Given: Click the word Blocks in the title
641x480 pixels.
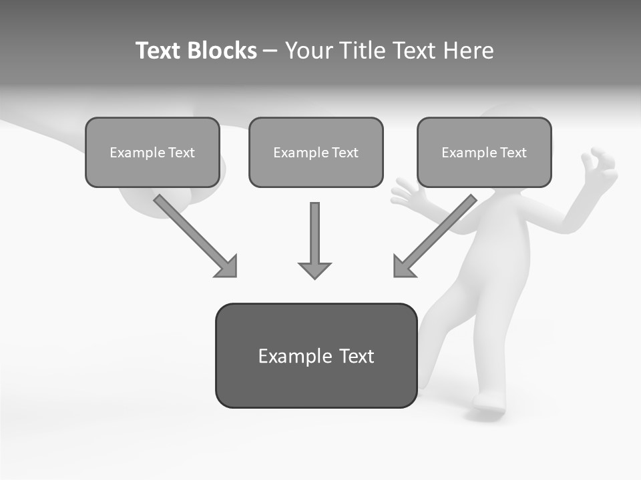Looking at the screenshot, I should point(222,51).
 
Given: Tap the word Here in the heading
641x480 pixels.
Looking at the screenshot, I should point(471,51).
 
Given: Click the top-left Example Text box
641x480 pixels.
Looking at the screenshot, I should point(152,152).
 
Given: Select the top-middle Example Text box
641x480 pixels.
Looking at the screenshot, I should point(316,152).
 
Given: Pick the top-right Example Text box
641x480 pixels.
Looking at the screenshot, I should point(484,152).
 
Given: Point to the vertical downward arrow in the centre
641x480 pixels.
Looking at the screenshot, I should point(314,233).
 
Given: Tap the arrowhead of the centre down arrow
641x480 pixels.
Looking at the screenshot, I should point(314,269).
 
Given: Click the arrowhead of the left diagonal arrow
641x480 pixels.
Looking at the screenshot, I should point(227,267).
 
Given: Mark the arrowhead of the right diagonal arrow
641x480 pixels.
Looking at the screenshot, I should point(403,266).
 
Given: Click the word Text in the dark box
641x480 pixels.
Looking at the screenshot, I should point(357,356).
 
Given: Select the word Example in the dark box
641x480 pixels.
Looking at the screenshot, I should point(295,356).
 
